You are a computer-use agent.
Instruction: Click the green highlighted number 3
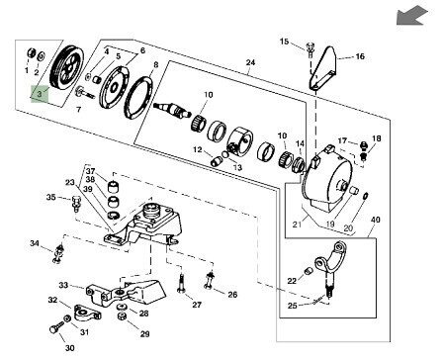click(x=40, y=94)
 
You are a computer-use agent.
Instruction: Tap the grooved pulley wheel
click(x=66, y=67)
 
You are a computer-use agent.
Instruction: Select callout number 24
click(x=250, y=62)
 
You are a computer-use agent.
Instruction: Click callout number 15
click(x=284, y=42)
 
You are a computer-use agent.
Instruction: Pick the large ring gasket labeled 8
click(x=139, y=97)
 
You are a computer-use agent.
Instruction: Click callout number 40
click(x=376, y=220)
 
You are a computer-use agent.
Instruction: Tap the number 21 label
click(x=297, y=225)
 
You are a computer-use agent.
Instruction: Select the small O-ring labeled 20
click(x=366, y=196)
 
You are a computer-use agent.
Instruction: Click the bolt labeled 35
click(x=76, y=204)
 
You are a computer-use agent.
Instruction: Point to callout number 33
click(x=63, y=285)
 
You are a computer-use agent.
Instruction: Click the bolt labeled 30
click(x=55, y=328)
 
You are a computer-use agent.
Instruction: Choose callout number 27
click(x=197, y=305)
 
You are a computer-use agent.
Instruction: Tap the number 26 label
click(x=232, y=294)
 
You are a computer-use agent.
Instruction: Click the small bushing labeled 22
click(x=309, y=271)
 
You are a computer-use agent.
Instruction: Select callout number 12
click(x=198, y=149)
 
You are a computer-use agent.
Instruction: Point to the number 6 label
click(x=142, y=50)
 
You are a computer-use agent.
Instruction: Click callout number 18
click(x=377, y=138)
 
